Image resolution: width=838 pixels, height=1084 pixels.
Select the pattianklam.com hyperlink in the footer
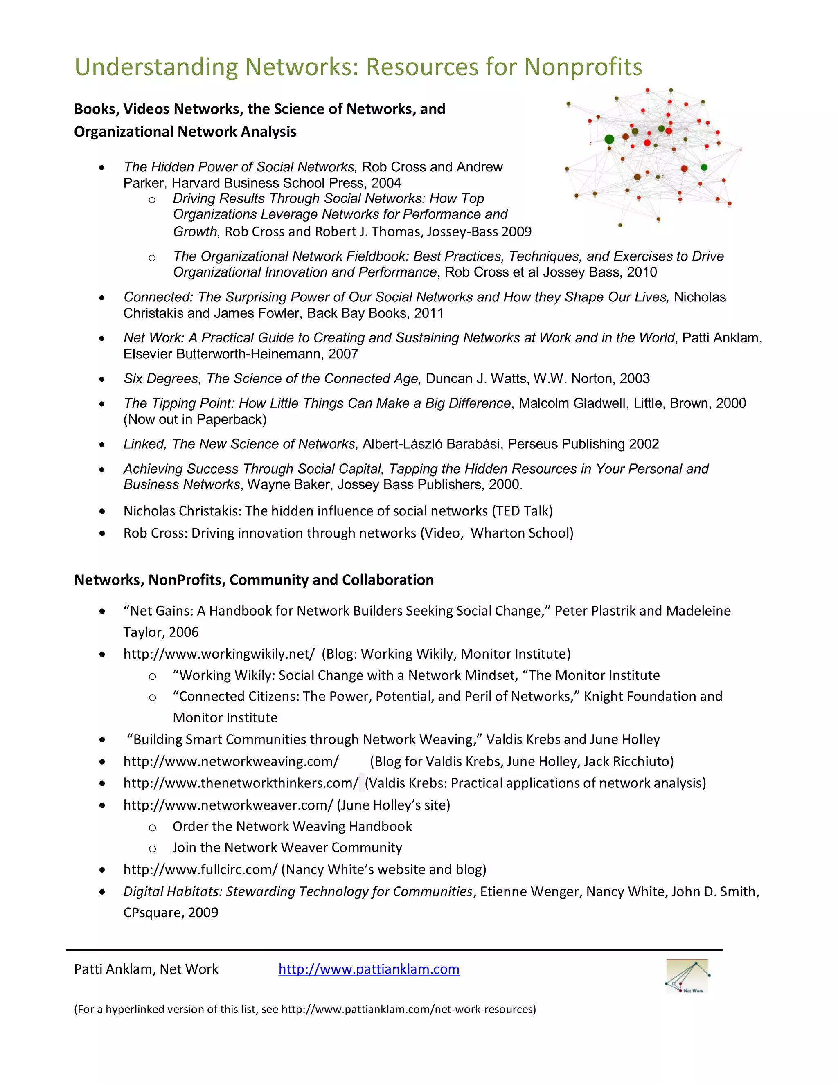(368, 969)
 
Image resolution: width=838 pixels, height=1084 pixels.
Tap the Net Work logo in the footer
(687, 976)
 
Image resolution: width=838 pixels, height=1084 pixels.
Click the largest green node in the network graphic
(609, 139)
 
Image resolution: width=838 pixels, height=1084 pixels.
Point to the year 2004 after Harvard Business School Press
(386, 183)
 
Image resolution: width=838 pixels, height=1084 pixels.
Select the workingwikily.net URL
(219, 654)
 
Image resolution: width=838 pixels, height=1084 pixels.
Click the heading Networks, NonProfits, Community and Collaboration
(254, 580)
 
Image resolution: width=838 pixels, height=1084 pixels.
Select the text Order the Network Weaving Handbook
(292, 826)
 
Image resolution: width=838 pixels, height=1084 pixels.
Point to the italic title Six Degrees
(161, 378)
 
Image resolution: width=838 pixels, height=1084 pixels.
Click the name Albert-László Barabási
(430, 444)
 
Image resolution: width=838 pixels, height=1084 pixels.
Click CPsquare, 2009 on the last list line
(171, 912)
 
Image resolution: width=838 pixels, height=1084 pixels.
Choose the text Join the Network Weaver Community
(287, 847)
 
